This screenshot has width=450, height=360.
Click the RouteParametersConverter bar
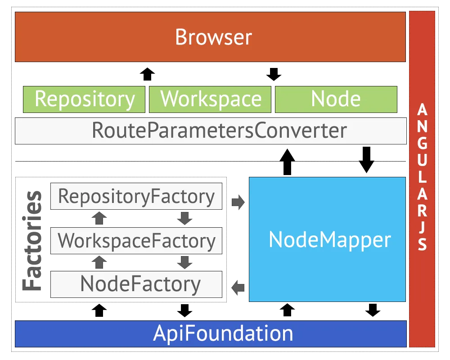point(211,130)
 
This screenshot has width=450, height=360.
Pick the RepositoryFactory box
point(136,196)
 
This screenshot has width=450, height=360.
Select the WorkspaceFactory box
point(136,241)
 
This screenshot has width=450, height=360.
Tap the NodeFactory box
point(136,284)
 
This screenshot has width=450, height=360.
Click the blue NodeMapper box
point(327,239)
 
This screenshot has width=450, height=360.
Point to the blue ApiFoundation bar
point(211,334)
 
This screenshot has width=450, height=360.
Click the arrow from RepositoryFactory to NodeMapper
point(237,203)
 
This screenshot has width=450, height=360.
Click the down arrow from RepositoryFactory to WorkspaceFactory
point(184,218)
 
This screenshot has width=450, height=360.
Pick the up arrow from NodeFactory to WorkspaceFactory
point(99,262)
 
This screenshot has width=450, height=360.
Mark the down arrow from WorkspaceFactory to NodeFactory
point(184,262)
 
